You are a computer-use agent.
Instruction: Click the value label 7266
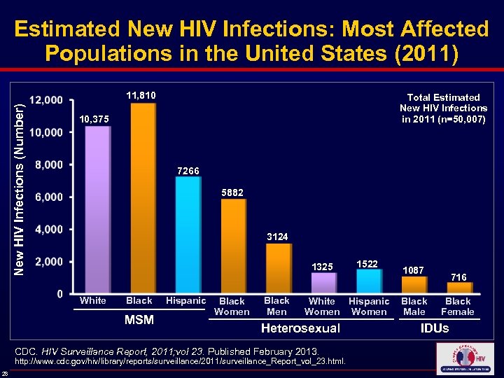[188, 171]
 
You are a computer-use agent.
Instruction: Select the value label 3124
[277, 237]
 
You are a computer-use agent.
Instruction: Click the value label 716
[459, 277]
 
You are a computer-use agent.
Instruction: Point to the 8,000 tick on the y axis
[48, 165]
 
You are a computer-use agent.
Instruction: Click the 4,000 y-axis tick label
[48, 230]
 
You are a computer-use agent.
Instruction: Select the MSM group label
[139, 320]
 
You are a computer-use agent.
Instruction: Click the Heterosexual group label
[300, 328]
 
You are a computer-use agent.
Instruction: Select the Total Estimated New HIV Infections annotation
[443, 108]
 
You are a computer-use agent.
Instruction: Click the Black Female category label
[458, 307]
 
